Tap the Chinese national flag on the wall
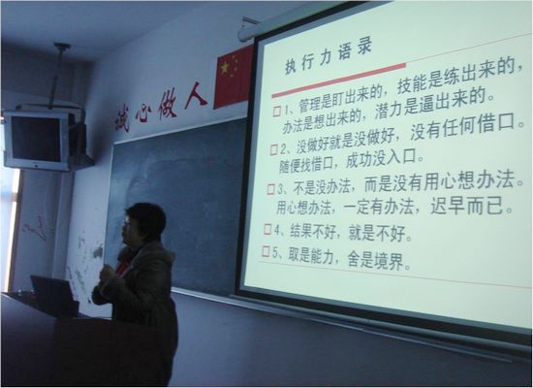point(233,76)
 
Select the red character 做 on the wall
point(168,104)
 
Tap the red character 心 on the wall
point(142,112)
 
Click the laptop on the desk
point(52,295)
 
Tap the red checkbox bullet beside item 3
point(271,188)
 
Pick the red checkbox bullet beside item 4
point(267,229)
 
